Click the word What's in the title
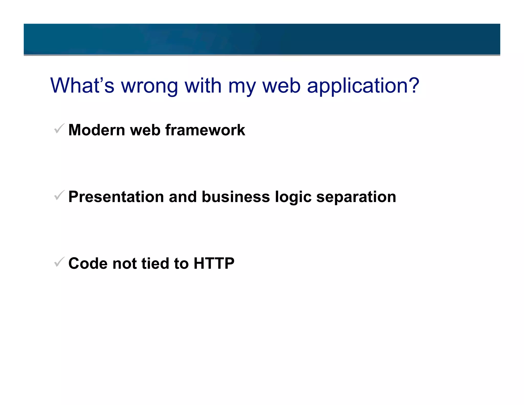(82, 86)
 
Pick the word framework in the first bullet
(205, 130)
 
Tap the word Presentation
(116, 197)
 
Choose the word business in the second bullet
(236, 197)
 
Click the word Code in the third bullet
(88, 263)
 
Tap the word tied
(155, 263)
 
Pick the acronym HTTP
(214, 263)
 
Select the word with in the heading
(203, 86)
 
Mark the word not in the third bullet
(124, 263)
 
